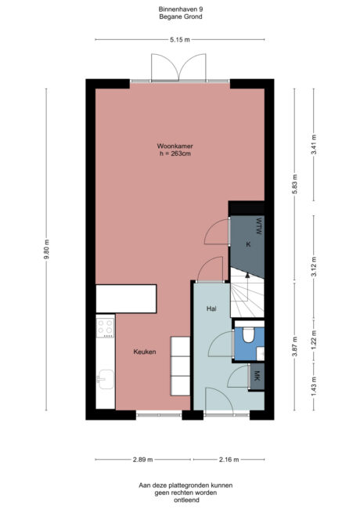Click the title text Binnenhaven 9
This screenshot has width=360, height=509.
179,9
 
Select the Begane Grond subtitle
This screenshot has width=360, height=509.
179,16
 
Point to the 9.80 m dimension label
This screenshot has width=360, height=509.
47,250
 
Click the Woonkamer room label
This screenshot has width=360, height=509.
175,146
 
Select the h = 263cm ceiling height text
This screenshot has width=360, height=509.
175,154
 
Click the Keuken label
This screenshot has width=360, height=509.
144,352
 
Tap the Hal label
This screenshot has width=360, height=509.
211,309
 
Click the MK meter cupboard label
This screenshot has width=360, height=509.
255,377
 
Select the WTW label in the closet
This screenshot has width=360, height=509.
256,226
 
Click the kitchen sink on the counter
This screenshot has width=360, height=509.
104,381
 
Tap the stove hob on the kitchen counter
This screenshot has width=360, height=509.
104,329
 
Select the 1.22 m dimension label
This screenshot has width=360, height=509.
314,343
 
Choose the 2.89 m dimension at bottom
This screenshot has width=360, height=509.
142,460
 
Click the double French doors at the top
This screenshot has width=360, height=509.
179,68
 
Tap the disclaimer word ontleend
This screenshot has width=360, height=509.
179,499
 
